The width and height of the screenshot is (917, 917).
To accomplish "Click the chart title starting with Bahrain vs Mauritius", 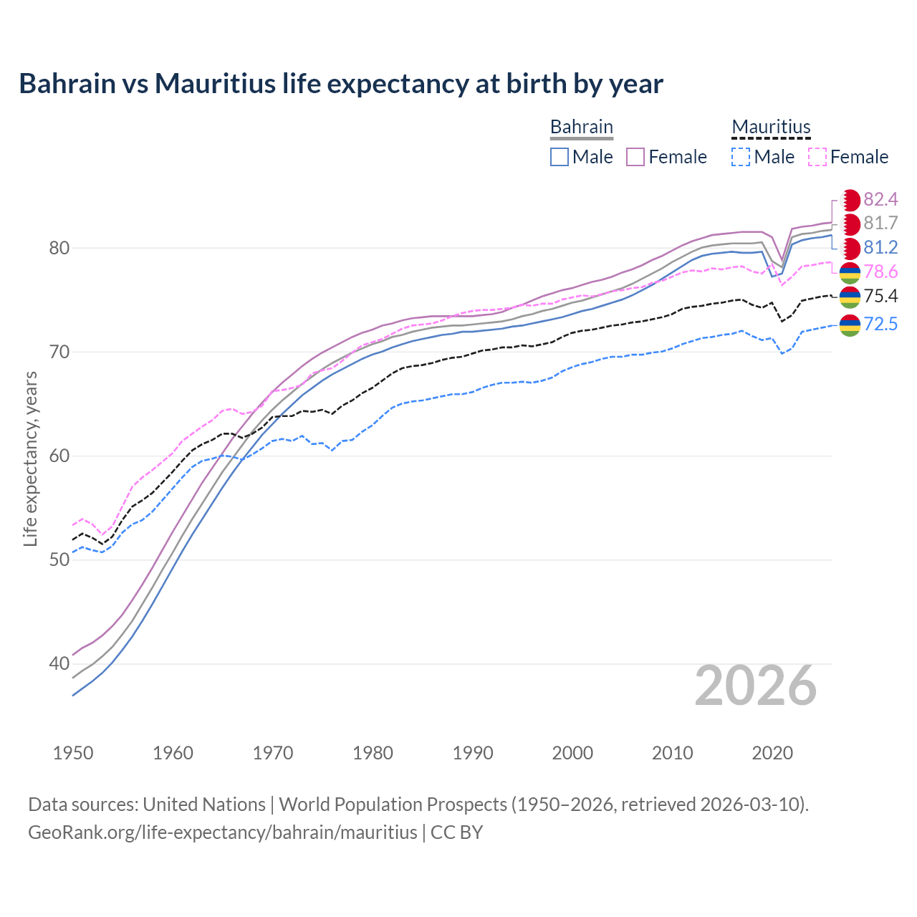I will [341, 84].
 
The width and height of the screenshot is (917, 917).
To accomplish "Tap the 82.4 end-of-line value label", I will [880, 199].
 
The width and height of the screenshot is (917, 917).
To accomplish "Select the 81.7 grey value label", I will [880, 224].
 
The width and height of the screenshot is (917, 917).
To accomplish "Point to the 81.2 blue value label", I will [880, 248].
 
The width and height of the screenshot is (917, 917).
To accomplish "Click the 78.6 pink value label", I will [880, 272].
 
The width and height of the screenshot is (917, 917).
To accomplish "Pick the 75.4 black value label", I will [880, 297].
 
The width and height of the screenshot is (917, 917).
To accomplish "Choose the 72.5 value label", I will [880, 325].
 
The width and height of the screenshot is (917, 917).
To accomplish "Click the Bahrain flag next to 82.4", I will [850, 200].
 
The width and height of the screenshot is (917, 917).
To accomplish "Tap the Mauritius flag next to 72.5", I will [850, 325].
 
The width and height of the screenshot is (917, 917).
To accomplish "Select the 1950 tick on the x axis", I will [73, 753].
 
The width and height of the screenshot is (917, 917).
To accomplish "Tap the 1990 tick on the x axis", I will [473, 753].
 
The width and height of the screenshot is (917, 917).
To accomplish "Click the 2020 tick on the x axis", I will [772, 753].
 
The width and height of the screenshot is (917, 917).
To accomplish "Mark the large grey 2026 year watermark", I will [756, 686].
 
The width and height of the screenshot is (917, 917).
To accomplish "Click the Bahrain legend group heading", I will [582, 127].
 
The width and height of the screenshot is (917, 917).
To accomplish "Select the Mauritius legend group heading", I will [771, 127].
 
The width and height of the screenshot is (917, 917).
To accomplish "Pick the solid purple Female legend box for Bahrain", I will [635, 157].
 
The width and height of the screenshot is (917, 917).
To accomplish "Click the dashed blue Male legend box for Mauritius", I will [741, 157].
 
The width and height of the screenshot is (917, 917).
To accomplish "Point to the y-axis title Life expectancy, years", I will [31, 458].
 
